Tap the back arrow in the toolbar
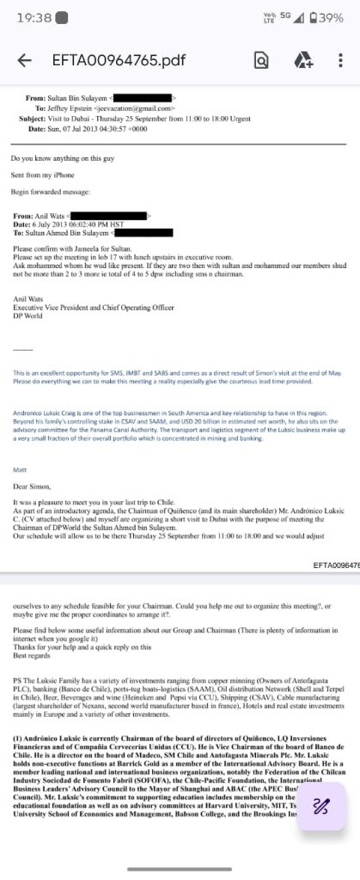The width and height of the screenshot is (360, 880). [24, 60]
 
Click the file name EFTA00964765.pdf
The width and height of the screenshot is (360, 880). [118, 60]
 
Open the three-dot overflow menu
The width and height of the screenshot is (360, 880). [341, 60]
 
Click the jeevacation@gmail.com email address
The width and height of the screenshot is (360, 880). [138, 109]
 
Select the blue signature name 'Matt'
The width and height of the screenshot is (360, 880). [20, 469]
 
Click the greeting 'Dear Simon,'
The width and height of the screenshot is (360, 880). [32, 486]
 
